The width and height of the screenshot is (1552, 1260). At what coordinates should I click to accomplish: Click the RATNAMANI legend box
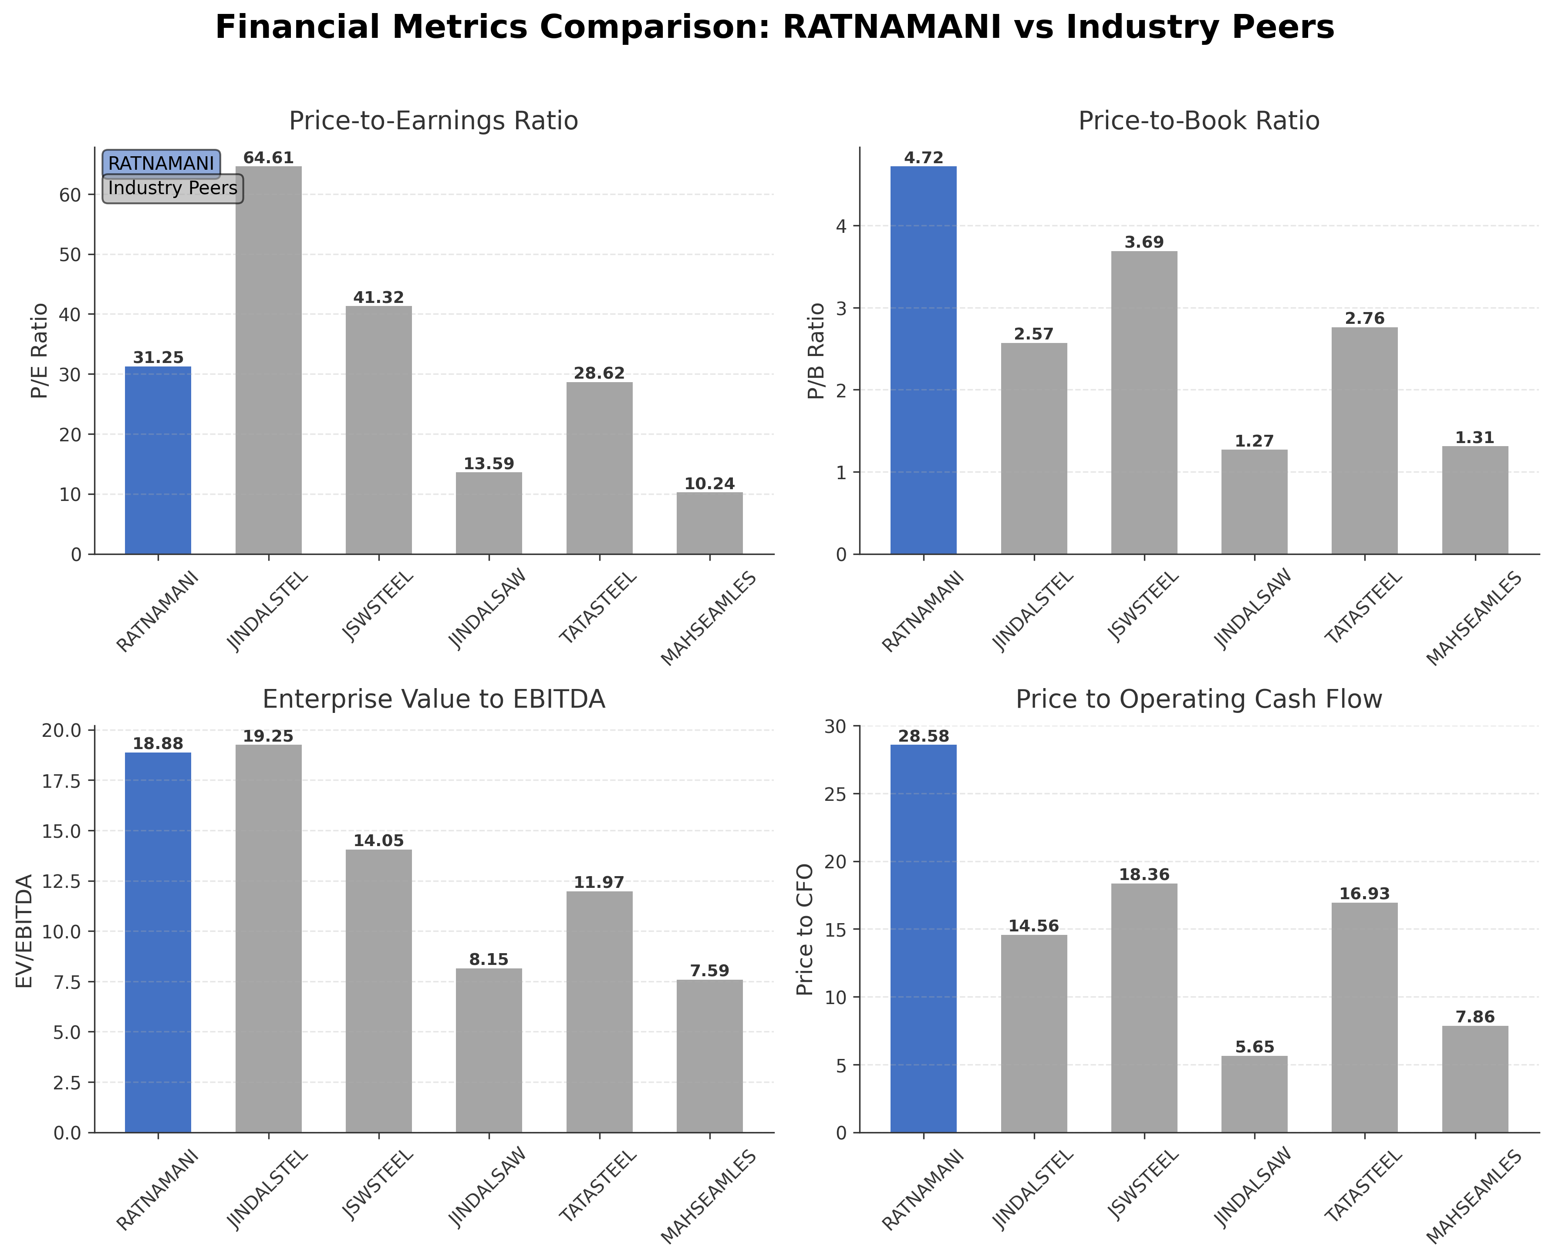tap(161, 163)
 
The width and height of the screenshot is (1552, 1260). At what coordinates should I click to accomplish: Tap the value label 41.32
tap(378, 298)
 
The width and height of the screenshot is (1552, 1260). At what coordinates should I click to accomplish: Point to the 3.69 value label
tap(1144, 242)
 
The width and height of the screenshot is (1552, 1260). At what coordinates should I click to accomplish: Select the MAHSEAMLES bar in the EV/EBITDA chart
tap(709, 1056)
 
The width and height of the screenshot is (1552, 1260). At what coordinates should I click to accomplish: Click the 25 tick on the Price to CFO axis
tap(841, 794)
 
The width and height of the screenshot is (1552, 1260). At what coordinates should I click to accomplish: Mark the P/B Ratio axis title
tap(817, 350)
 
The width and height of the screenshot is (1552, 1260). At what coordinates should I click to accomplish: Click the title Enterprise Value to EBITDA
tap(434, 699)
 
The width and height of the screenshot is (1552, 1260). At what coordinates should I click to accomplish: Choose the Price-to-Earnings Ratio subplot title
tap(434, 121)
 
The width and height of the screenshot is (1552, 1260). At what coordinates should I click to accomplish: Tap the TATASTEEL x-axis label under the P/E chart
tap(598, 608)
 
